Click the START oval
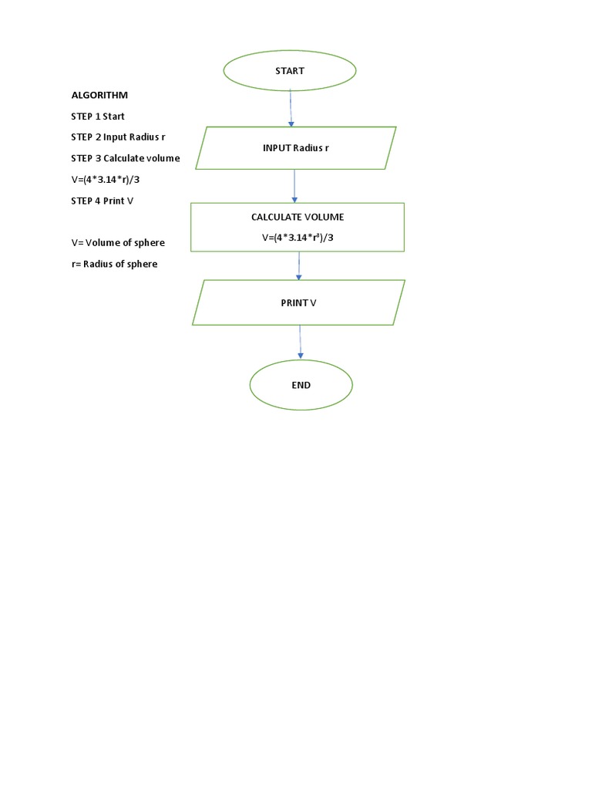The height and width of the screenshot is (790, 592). tap(290, 71)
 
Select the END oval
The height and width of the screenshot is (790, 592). tap(301, 384)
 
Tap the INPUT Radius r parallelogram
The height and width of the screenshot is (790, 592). tap(295, 148)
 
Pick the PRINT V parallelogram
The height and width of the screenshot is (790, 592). tap(298, 302)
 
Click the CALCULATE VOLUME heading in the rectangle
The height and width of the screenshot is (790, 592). tap(297, 218)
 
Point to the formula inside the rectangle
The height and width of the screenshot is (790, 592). tap(297, 238)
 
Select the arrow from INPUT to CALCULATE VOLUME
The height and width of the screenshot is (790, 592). tap(294, 186)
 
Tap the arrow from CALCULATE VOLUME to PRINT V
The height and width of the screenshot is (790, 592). tap(299, 265)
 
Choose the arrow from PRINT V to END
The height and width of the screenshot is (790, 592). tap(300, 342)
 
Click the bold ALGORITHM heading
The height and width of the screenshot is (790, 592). tap(99, 95)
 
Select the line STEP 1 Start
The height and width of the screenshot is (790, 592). tap(98, 116)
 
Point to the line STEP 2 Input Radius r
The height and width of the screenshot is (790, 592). tap(118, 137)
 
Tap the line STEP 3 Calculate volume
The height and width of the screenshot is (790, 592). tap(126, 158)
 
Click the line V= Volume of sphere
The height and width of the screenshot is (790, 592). tap(118, 242)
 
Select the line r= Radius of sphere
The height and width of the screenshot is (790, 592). tap(114, 264)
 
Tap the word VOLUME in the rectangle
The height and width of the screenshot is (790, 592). tap(325, 218)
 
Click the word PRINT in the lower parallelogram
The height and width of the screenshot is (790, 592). tap(294, 302)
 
